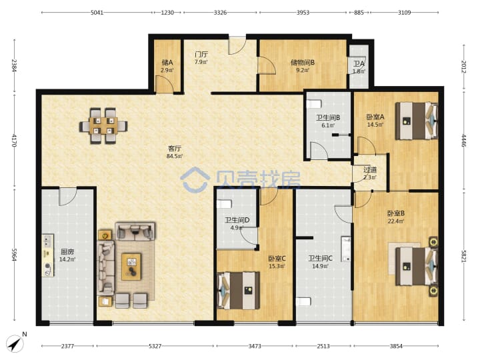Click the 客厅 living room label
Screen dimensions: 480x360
175,149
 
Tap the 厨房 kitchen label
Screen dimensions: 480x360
67,252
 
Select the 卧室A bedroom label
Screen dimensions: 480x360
375,117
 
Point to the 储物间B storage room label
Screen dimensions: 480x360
303,63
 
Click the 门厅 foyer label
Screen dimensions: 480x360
201,55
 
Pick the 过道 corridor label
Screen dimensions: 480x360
370,169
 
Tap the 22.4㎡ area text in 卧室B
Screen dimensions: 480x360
396,221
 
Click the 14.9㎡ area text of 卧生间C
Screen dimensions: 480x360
320,266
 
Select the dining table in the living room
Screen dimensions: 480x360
103,126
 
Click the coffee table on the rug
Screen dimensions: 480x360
131,266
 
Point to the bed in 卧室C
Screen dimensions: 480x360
239,290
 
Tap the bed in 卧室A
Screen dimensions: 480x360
416,121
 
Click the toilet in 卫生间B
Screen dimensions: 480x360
314,104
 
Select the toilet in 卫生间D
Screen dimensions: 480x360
225,204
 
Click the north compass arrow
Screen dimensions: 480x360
15,343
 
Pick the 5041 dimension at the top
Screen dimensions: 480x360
97,13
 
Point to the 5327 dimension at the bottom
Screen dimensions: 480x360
155,346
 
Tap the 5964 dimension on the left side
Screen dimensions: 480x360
14,255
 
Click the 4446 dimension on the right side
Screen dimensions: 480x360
463,141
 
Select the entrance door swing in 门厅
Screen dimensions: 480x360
237,46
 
